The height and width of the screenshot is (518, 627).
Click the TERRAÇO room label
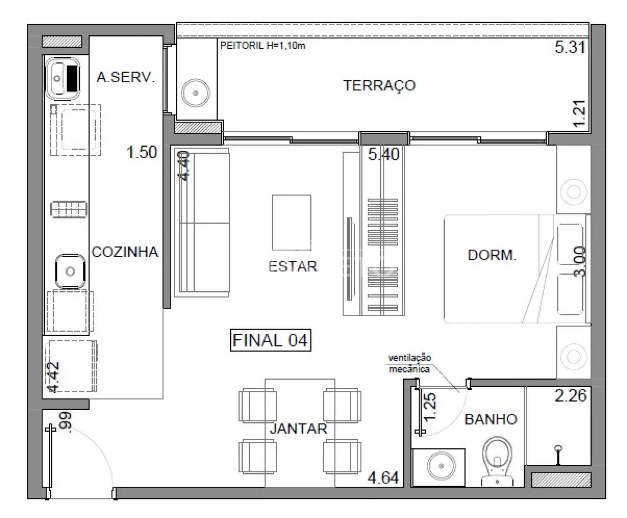pyautogui.click(x=379, y=85)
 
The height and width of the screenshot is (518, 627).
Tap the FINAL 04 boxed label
pyautogui.click(x=271, y=340)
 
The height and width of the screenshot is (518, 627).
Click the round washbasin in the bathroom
pyautogui.click(x=441, y=466)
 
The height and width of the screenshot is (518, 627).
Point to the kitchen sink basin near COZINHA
pyautogui.click(x=70, y=271)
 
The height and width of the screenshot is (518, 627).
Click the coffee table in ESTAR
pyautogui.click(x=292, y=222)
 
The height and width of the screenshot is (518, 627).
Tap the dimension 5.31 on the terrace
pyautogui.click(x=570, y=47)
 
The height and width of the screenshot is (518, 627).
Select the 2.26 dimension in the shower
pyautogui.click(x=570, y=395)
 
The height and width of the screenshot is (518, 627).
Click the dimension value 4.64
pyautogui.click(x=383, y=477)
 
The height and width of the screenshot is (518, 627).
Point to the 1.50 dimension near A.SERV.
pyautogui.click(x=142, y=152)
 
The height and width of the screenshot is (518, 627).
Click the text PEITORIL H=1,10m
pyautogui.click(x=263, y=46)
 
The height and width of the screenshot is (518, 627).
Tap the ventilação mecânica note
pyautogui.click(x=410, y=363)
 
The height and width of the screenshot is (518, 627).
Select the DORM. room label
pyautogui.click(x=492, y=255)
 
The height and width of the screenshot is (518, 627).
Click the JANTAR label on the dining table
pyautogui.click(x=298, y=429)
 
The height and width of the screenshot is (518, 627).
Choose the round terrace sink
pyautogui.click(x=195, y=93)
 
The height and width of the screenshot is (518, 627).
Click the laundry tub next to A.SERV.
pyautogui.click(x=62, y=79)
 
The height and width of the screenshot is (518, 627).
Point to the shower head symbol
pyautogui.click(x=558, y=455)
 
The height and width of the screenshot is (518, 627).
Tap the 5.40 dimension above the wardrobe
pyautogui.click(x=384, y=154)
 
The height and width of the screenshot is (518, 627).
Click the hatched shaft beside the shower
pyautogui.click(x=561, y=480)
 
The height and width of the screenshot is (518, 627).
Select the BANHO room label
pyautogui.click(x=491, y=419)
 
